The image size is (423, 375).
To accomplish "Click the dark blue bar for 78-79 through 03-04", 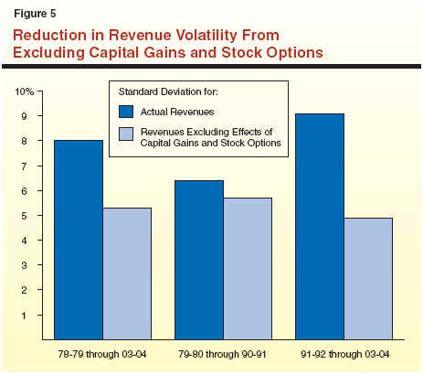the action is [x=79, y=240].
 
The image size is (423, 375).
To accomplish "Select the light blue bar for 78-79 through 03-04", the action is [x=127, y=273].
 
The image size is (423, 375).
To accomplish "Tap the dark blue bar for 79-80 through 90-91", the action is [x=199, y=260].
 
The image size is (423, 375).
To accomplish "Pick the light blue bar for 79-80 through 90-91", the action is [x=248, y=269].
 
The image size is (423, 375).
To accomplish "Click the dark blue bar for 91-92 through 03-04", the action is [x=320, y=227].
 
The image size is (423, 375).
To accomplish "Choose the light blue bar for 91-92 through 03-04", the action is [x=368, y=279].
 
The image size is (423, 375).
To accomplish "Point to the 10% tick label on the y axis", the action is [x=25, y=91].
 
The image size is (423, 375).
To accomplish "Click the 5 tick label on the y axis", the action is [x=25, y=216].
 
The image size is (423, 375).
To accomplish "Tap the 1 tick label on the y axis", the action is [x=25, y=315].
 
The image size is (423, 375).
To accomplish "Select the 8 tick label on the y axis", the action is [x=25, y=141].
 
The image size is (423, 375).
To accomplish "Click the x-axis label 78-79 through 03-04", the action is [x=102, y=354].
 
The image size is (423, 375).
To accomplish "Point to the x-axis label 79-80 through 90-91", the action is [x=222, y=354].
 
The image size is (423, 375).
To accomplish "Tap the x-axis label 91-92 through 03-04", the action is [x=345, y=354].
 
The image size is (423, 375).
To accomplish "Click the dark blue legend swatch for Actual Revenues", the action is [x=126, y=112].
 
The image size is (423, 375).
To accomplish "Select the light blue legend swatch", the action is [x=126, y=134].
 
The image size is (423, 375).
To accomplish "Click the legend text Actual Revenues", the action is [x=177, y=112].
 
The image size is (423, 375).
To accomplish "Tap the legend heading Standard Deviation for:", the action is [x=168, y=91].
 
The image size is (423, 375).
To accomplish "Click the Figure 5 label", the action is [x=35, y=14].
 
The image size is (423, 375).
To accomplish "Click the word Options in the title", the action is [x=295, y=53].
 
